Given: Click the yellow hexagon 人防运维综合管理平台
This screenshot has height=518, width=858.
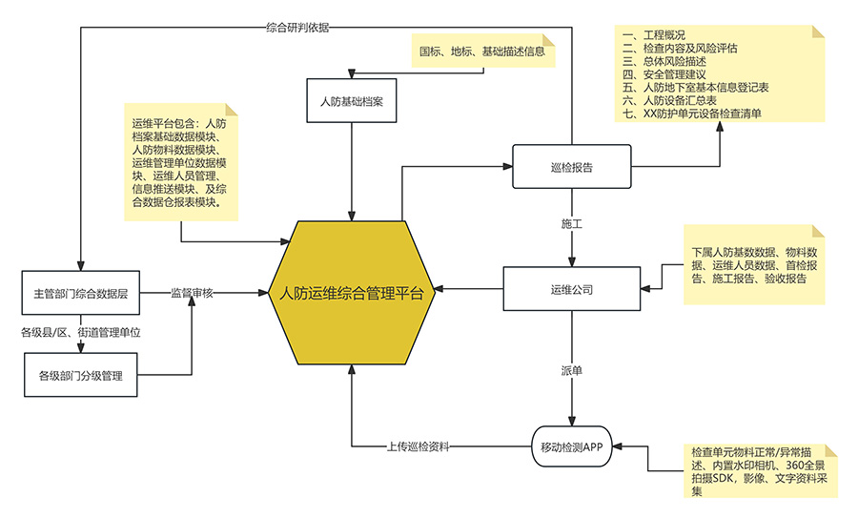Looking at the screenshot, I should click(x=352, y=293).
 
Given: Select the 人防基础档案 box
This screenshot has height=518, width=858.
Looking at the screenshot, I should click(x=352, y=101).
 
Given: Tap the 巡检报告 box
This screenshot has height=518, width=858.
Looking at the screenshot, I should click(x=572, y=167).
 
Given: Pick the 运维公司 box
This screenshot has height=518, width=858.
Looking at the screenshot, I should click(x=572, y=288).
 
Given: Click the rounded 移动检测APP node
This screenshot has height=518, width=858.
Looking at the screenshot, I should click(x=572, y=446).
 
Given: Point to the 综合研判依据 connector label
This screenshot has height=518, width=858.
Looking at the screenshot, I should click(x=297, y=27).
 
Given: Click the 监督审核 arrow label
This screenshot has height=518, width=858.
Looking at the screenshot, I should click(x=192, y=292).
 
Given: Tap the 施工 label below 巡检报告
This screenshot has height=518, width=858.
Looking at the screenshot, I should click(x=572, y=224).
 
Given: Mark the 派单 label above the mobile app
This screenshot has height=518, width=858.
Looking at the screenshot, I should click(x=572, y=369).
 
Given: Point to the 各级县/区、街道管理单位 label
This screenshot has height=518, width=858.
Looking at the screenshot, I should click(x=81, y=333).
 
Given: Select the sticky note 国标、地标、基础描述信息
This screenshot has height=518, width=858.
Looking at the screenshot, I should click(x=482, y=52).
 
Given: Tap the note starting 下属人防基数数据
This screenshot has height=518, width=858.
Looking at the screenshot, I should click(x=754, y=265).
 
